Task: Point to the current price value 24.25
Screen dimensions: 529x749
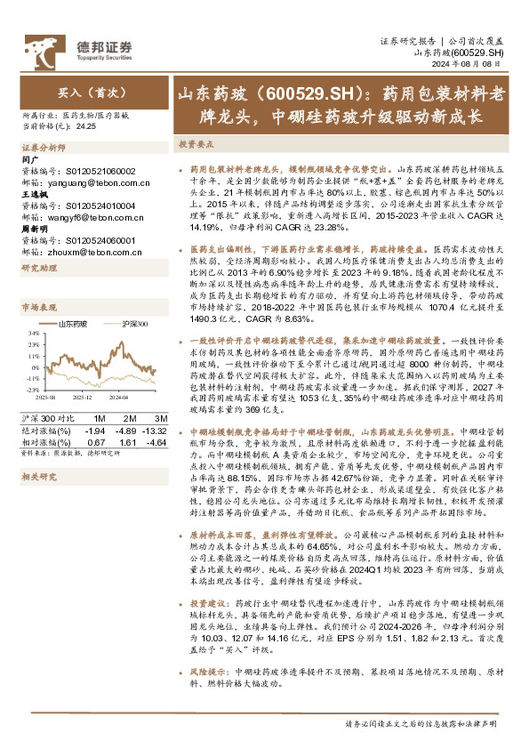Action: [87, 126]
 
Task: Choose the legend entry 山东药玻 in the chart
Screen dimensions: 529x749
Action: [73, 326]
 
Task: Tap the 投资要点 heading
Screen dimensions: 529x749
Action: [196, 142]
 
